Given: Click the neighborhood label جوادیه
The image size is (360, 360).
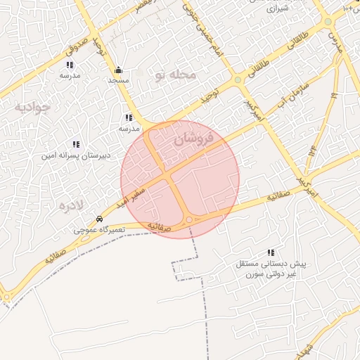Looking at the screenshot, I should (32, 107).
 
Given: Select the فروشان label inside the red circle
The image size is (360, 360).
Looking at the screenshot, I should (191, 141).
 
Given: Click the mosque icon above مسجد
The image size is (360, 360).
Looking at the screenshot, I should (117, 70).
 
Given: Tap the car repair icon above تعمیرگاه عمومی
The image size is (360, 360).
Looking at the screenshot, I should (100, 219).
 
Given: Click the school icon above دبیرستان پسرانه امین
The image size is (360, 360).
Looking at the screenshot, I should (76, 144).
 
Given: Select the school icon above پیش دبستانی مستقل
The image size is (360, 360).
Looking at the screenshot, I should (271, 252).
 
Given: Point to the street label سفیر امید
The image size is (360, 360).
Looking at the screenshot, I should (133, 191).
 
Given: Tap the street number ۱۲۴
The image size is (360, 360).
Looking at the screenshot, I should (310, 150).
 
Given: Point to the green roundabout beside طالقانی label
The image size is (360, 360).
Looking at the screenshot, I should (238, 79).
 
